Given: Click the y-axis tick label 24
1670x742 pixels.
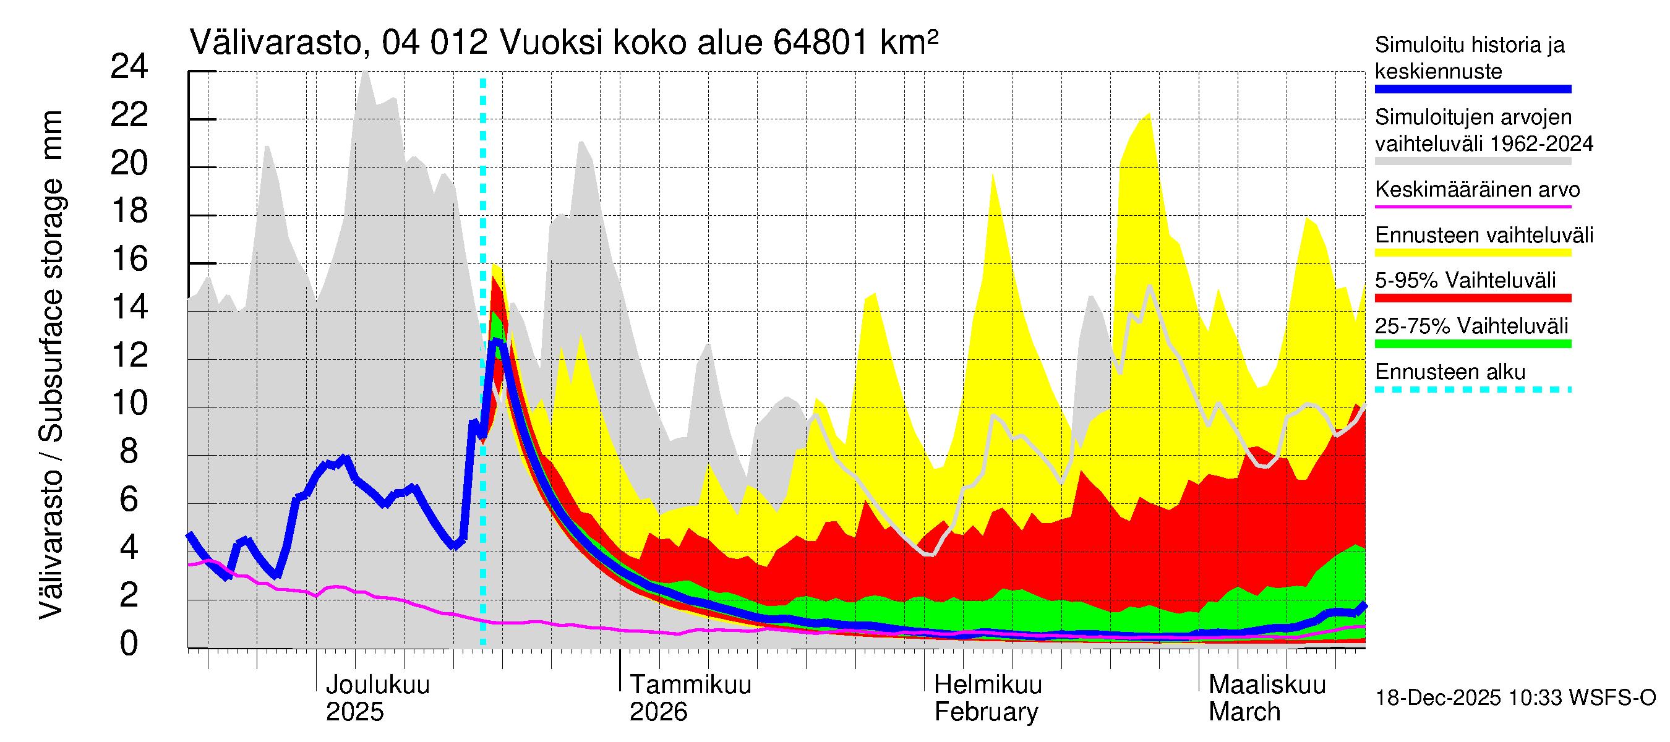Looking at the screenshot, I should pos(130,67).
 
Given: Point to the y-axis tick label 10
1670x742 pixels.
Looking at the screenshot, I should pos(130,403).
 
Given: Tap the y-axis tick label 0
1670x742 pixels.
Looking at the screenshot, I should pos(130,644).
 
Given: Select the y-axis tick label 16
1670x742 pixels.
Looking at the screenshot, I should pos(130,259).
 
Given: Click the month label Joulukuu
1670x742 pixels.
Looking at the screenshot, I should pos(377,684).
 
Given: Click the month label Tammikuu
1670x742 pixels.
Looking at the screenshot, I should pos(690,684).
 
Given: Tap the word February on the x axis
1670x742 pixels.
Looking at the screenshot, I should pos(985,712).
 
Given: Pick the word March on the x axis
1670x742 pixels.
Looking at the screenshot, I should pos(1244,712).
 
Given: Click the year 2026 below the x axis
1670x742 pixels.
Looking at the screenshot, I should pos(658,712).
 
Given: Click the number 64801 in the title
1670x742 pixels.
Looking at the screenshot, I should pos(821,43).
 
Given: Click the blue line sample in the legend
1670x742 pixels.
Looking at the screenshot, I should pos(1472,90).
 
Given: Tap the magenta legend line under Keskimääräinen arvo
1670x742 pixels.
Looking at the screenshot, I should pos(1472,207).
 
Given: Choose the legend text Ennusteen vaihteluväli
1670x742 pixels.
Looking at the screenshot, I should pos(1484,235).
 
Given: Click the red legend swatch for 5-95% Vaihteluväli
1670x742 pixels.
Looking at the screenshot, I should pos(1472,298).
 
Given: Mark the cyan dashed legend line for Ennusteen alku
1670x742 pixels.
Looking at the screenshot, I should pos(1472,390).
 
